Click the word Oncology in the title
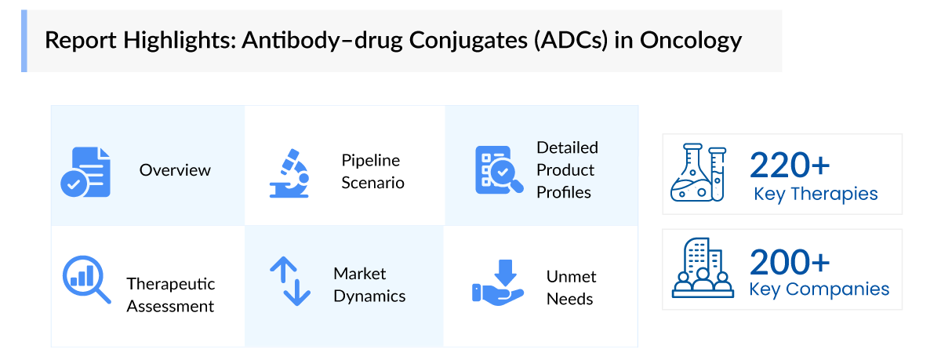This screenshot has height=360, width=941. pyautogui.click(x=691, y=40)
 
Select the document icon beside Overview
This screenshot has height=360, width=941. pyautogui.click(x=85, y=171)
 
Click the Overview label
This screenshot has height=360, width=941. pyautogui.click(x=175, y=170)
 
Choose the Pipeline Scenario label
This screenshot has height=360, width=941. pyautogui.click(x=372, y=172)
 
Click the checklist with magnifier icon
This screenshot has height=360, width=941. pyautogui.click(x=496, y=170)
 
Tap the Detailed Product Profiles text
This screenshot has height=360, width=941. pyautogui.click(x=567, y=170)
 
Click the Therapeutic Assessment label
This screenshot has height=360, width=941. pyautogui.click(x=170, y=295)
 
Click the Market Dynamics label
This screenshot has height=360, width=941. pyautogui.click(x=369, y=285)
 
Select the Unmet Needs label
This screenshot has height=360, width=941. pyautogui.click(x=571, y=288)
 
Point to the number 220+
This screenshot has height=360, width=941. pyautogui.click(x=790, y=165)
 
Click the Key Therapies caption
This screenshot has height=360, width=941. pyautogui.click(x=816, y=194)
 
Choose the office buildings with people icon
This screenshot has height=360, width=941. pyautogui.click(x=699, y=268)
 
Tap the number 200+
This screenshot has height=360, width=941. pyautogui.click(x=790, y=262)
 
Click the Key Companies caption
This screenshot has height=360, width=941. pyautogui.click(x=819, y=289)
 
